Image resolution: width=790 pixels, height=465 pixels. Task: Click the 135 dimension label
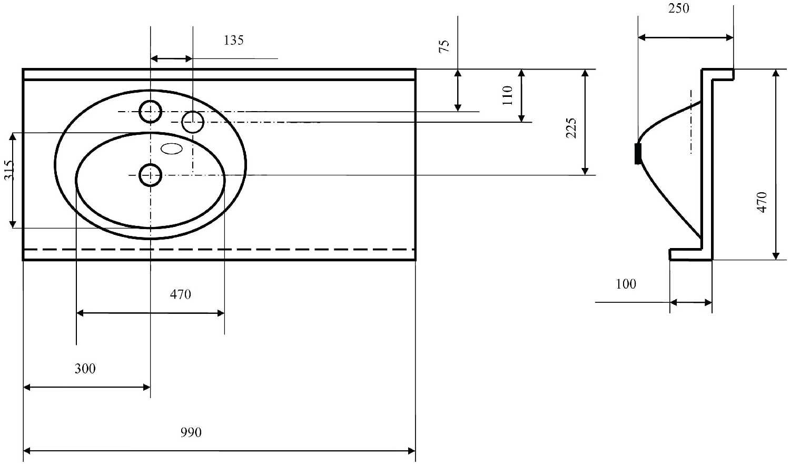[x=233, y=41]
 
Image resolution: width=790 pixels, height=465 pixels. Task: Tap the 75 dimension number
[x=445, y=46]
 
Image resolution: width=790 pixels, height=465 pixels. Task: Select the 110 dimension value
[x=507, y=95]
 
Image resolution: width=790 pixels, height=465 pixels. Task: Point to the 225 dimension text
[x=571, y=128]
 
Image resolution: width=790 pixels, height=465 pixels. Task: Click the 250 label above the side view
[x=678, y=8]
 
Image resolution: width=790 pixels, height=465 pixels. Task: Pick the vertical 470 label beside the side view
[x=762, y=202]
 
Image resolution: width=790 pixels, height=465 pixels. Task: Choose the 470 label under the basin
[x=180, y=294]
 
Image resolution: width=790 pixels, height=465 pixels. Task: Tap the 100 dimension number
[x=626, y=284]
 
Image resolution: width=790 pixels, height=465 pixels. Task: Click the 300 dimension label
[x=85, y=369]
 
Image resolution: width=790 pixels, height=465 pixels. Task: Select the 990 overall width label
[x=191, y=432]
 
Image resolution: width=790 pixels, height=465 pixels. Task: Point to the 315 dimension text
[x=9, y=170]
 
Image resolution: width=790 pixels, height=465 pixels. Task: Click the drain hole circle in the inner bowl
[x=151, y=175]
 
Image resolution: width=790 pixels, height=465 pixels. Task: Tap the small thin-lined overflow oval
[x=172, y=149]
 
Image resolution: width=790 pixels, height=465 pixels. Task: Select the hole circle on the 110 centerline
[x=193, y=122]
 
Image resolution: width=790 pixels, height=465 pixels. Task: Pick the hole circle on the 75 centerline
[x=151, y=112]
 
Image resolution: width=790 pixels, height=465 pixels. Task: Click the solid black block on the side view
[x=638, y=154]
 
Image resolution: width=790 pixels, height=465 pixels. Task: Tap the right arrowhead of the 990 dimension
[x=411, y=451]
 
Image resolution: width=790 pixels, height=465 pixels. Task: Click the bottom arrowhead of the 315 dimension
[x=13, y=224]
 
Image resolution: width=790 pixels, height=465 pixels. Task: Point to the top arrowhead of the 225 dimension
[x=585, y=73]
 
